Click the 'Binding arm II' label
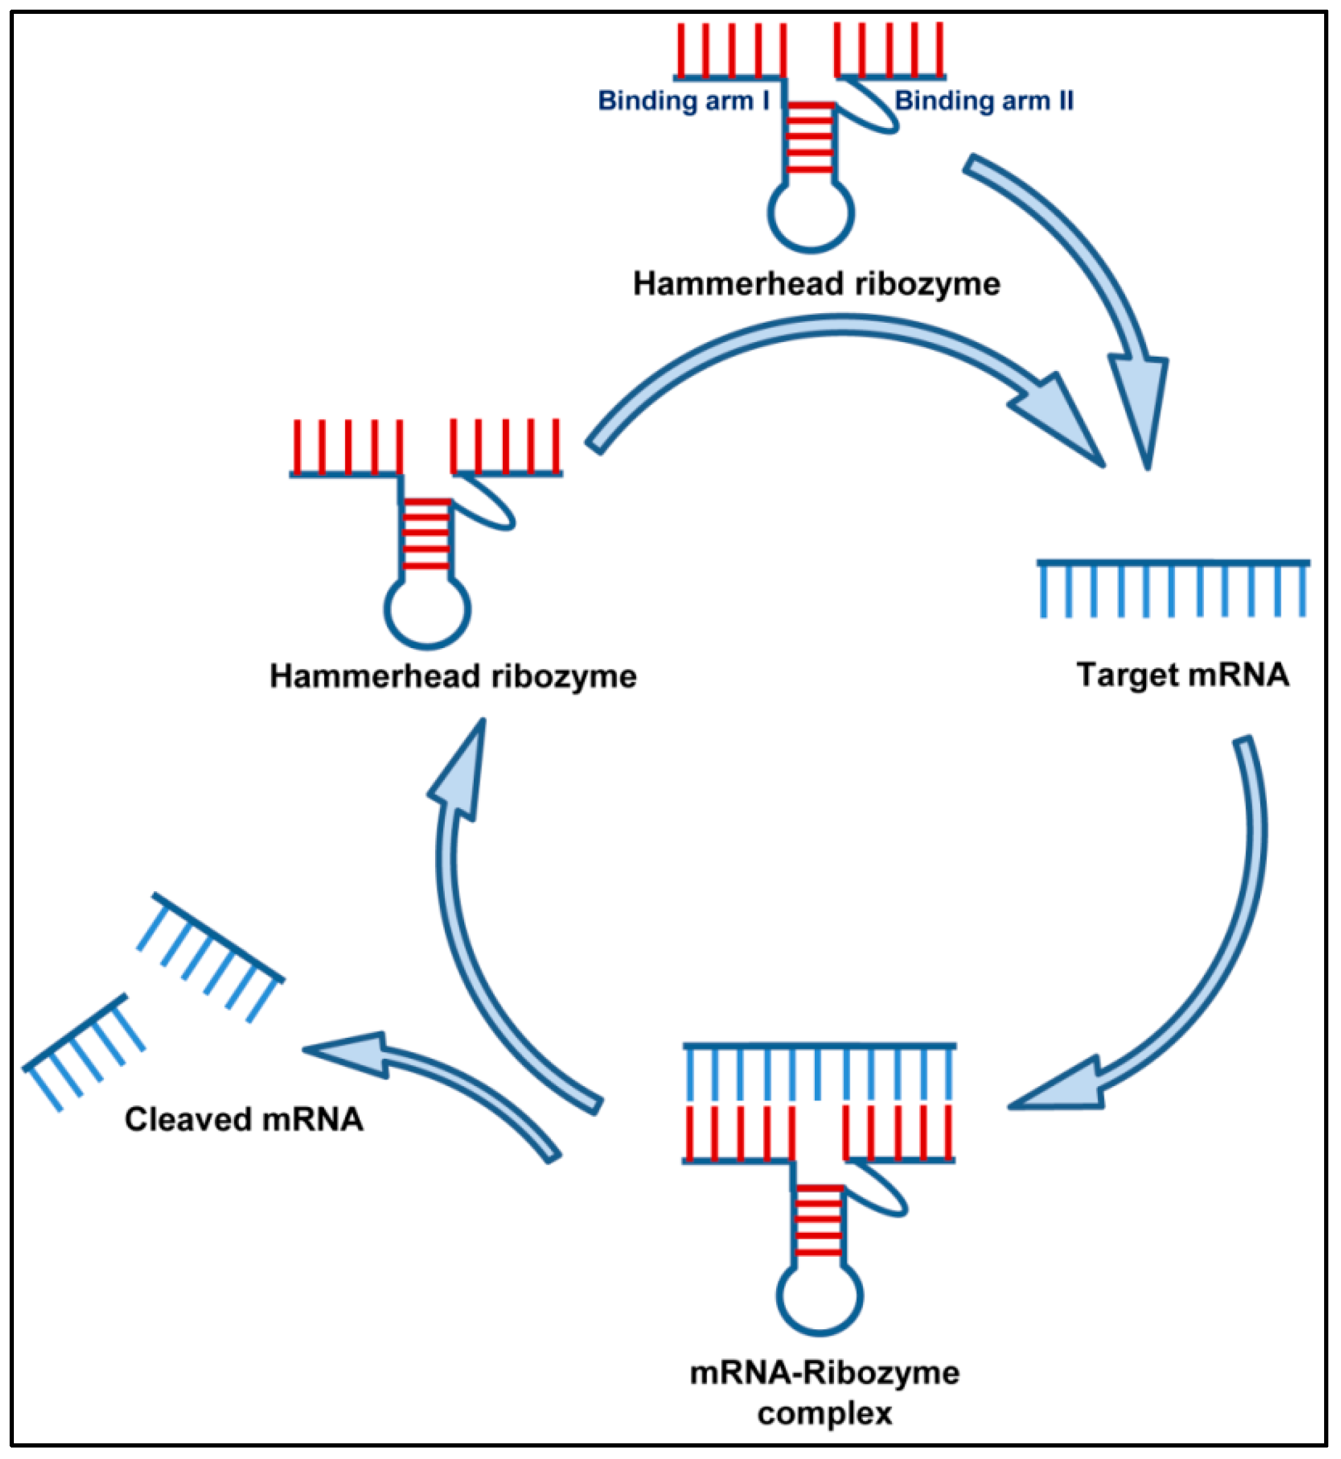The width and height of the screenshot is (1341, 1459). pos(984,100)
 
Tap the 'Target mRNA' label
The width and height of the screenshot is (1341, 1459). pos(1182,675)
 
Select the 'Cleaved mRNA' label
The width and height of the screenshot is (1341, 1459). pos(244,1119)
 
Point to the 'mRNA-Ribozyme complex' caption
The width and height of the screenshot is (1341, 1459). pos(824,1393)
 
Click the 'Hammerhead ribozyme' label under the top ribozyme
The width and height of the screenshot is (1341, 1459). pos(817,284)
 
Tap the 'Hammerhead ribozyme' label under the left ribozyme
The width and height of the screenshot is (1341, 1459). pos(453,676)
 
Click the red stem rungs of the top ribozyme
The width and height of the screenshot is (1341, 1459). pos(810,137)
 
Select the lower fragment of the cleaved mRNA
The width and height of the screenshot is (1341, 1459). pos(84,1051)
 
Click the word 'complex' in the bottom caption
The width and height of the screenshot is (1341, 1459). pos(824,1413)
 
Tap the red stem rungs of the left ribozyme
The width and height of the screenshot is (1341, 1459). pos(426,533)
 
